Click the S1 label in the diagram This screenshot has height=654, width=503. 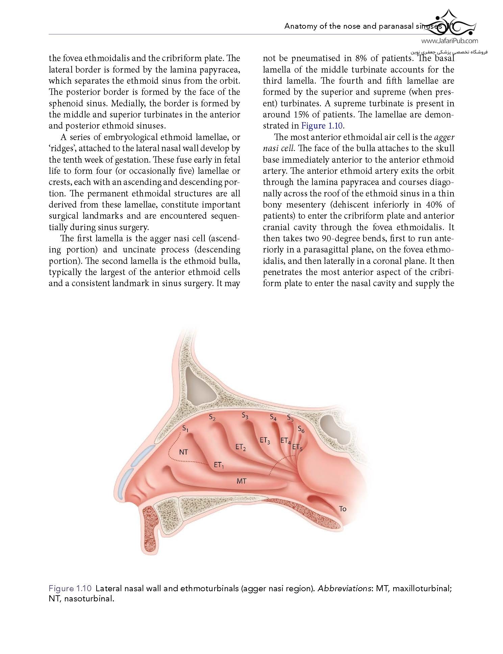tap(185, 429)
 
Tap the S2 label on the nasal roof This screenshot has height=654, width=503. tap(212, 417)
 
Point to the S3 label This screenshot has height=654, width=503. tap(245, 416)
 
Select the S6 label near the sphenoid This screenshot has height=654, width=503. tap(301, 429)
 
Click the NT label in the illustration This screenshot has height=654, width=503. tap(183, 452)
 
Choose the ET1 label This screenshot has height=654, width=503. tap(219, 465)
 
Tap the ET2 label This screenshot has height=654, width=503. tap(241, 447)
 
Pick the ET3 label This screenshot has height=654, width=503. tap(265, 440)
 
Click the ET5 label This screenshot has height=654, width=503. tap(297, 447)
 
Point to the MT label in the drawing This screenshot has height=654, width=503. tap(241, 481)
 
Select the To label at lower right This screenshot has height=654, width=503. tap(343, 509)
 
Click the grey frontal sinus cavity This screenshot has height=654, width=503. tap(198, 384)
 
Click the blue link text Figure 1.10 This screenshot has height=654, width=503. tap(322, 126)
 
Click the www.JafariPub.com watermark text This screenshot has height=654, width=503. tap(450, 41)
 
